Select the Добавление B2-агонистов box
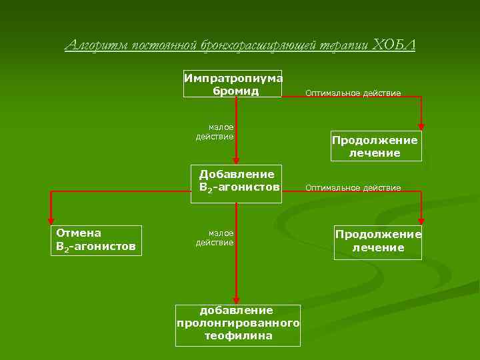237,181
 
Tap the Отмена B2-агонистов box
96,240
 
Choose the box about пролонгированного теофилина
237,324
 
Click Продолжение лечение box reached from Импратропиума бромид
376,147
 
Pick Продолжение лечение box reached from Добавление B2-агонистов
378,241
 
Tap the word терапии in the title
344,45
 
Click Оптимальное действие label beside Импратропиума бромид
353,93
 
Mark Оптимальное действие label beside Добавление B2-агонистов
353,188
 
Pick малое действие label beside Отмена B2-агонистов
215,238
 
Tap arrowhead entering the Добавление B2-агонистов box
236,161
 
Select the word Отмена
79,233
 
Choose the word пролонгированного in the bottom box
237,323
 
